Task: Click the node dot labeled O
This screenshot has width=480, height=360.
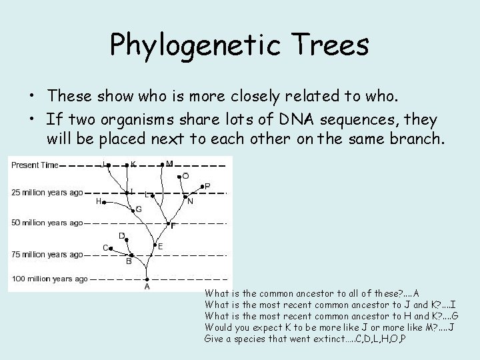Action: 179,177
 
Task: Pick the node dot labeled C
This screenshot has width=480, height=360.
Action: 113,248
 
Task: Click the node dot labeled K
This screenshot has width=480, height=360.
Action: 127,164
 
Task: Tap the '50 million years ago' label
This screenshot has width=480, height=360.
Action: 47,223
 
